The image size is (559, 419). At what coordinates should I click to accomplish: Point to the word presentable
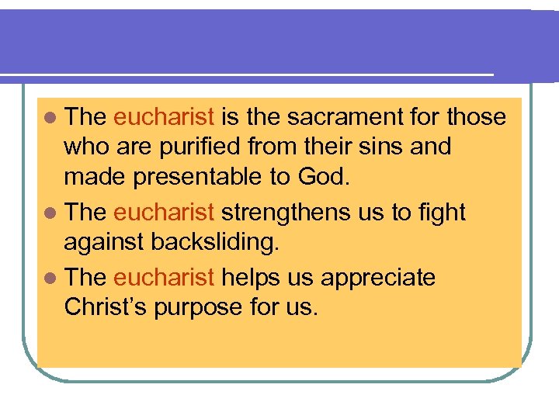[196, 177]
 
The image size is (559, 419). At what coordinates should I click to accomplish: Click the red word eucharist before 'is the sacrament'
[164, 117]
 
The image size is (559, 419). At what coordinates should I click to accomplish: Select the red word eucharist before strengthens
[164, 213]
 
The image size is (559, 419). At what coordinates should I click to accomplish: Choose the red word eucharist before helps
[164, 278]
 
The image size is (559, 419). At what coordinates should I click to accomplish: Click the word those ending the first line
[477, 117]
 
